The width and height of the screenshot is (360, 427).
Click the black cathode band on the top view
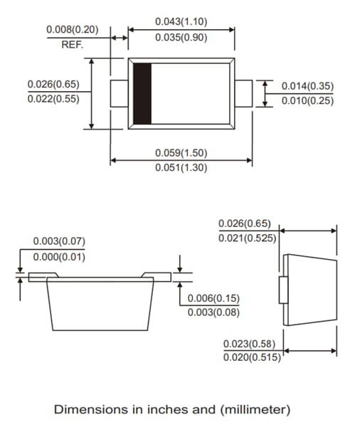click(144, 94)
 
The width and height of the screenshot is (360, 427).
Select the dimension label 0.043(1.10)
click(181, 21)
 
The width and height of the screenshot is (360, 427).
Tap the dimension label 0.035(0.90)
click(181, 38)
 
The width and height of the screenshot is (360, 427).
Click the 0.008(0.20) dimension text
click(73, 30)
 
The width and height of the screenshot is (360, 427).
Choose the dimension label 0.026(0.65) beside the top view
click(53, 84)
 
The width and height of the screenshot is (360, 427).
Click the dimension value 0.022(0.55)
click(53, 99)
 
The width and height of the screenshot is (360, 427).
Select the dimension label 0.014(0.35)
click(307, 86)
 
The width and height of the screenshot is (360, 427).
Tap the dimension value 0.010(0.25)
click(307, 100)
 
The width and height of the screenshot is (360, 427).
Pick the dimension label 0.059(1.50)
click(181, 152)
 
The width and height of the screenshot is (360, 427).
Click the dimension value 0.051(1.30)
click(181, 169)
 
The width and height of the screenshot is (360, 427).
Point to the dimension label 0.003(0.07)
click(59, 241)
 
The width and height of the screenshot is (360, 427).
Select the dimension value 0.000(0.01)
click(59, 257)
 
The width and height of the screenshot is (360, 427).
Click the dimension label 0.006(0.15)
click(214, 297)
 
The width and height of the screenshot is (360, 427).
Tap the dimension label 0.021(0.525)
click(247, 238)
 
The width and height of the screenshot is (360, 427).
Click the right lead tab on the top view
click(243, 94)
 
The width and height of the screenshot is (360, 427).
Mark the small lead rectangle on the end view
click(282, 291)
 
